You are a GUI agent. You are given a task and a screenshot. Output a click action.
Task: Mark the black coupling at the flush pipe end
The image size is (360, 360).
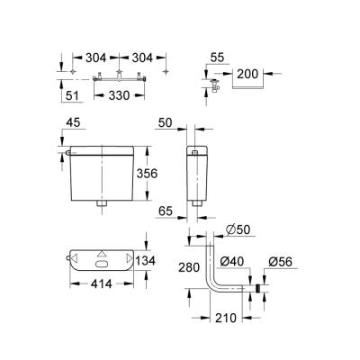point(258,289)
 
